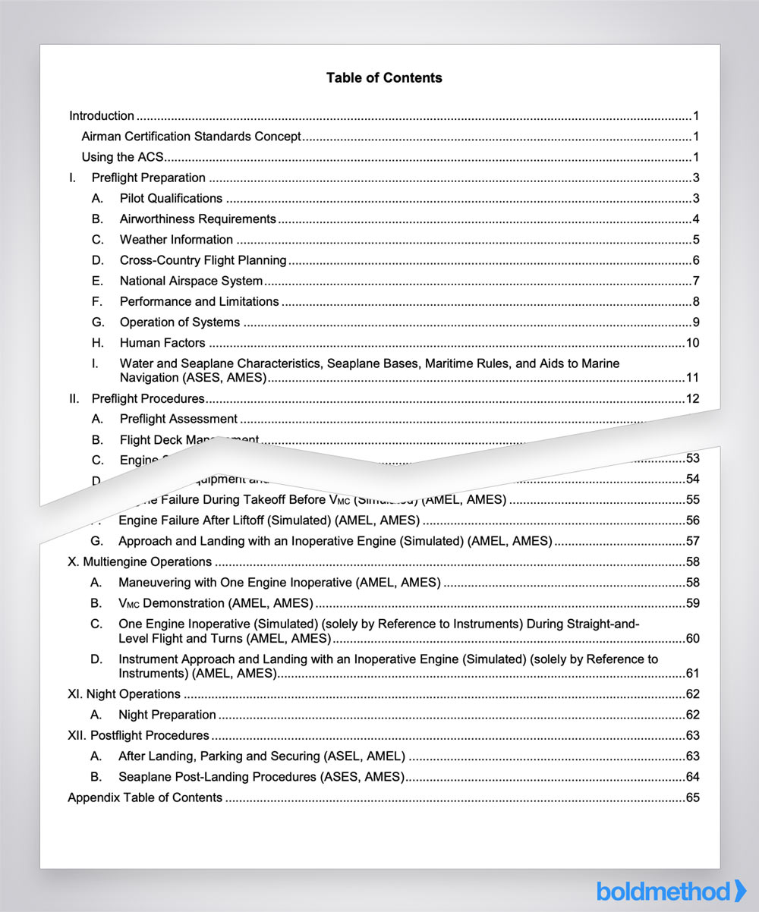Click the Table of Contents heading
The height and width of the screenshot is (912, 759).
[384, 77]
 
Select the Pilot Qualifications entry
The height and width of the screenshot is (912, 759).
[171, 199]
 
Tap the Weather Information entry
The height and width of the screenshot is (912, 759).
[176, 240]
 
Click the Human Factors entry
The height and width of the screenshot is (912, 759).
[162, 343]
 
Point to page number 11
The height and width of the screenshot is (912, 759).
[692, 378]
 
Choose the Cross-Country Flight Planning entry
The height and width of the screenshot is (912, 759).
[203, 260]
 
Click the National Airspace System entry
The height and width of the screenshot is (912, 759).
[191, 281]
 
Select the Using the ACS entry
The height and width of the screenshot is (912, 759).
[122, 158]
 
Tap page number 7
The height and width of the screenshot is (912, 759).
[695, 281]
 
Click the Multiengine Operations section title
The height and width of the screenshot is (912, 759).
[140, 562]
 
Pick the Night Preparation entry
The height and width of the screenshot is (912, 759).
[167, 715]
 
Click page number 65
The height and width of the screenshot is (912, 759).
[692, 797]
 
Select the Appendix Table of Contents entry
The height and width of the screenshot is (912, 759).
[145, 797]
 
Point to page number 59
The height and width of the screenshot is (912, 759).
[692, 604]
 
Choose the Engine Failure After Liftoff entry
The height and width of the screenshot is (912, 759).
[269, 520]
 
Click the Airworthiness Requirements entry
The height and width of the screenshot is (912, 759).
[197, 219]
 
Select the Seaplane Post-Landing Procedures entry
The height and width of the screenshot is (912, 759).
[260, 777]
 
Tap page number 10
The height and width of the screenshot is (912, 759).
[692, 343]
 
